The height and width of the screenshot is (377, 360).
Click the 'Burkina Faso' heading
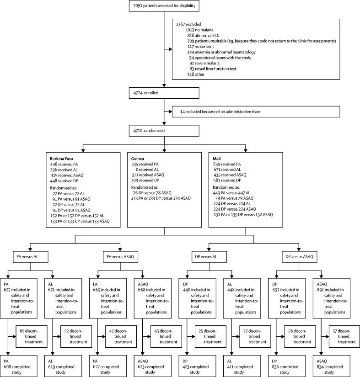pos(62,158)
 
